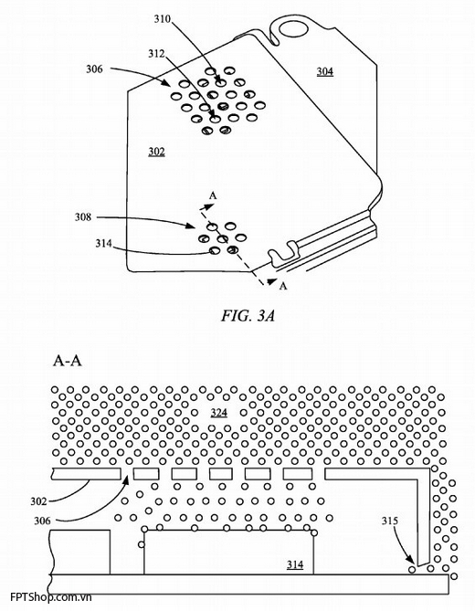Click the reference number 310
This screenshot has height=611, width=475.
[162, 18]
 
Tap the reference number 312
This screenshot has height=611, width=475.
[156, 53]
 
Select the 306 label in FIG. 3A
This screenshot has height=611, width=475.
[94, 69]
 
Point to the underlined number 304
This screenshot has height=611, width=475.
[324, 72]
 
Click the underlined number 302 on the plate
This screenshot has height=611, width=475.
[156, 152]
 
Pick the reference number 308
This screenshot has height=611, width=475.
[83, 217]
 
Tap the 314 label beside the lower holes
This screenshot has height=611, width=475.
[103, 244]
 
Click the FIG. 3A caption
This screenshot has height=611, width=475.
[248, 316]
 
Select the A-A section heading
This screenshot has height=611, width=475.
[67, 362]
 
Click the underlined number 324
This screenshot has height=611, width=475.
[218, 412]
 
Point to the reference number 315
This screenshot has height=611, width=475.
[390, 521]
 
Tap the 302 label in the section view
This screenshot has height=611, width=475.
[38, 501]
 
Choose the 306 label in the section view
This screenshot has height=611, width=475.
[42, 521]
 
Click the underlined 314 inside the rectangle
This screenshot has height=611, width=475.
[295, 564]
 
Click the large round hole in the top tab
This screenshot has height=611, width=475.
[293, 29]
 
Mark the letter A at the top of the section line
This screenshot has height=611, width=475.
[213, 195]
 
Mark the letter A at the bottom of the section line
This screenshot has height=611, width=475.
[283, 286]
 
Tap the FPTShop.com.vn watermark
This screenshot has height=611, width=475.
[51, 596]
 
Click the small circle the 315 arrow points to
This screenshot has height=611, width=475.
[412, 570]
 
